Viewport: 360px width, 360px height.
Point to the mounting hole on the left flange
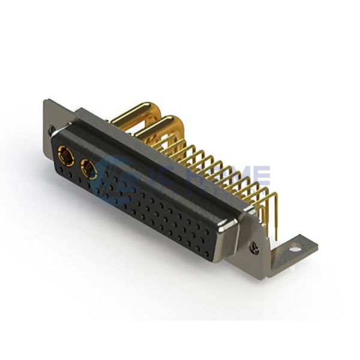click(52, 128)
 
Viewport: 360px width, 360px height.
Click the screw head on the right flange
click(254, 248)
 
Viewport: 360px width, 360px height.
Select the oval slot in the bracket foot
click(295, 245)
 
